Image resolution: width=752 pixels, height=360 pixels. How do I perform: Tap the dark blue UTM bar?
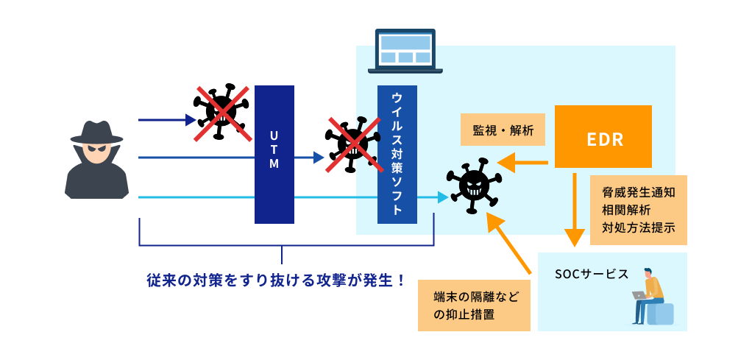pyautogui.click(x=274, y=155)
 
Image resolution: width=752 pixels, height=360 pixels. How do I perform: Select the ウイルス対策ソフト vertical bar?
pyautogui.click(x=397, y=155)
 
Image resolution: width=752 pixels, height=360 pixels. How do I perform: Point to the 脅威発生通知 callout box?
pyautogui.click(x=638, y=210)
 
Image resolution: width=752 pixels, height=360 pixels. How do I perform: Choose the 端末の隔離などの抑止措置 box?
pyautogui.click(x=474, y=305)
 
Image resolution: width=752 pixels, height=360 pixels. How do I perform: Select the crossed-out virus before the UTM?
pyautogui.click(x=219, y=113)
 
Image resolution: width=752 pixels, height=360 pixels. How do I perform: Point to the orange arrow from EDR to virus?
pyautogui.click(x=522, y=163)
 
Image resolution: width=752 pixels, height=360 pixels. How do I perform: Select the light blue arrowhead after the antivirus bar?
pyautogui.click(x=442, y=197)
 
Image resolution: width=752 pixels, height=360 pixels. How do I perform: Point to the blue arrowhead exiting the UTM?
pyautogui.click(x=318, y=157)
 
